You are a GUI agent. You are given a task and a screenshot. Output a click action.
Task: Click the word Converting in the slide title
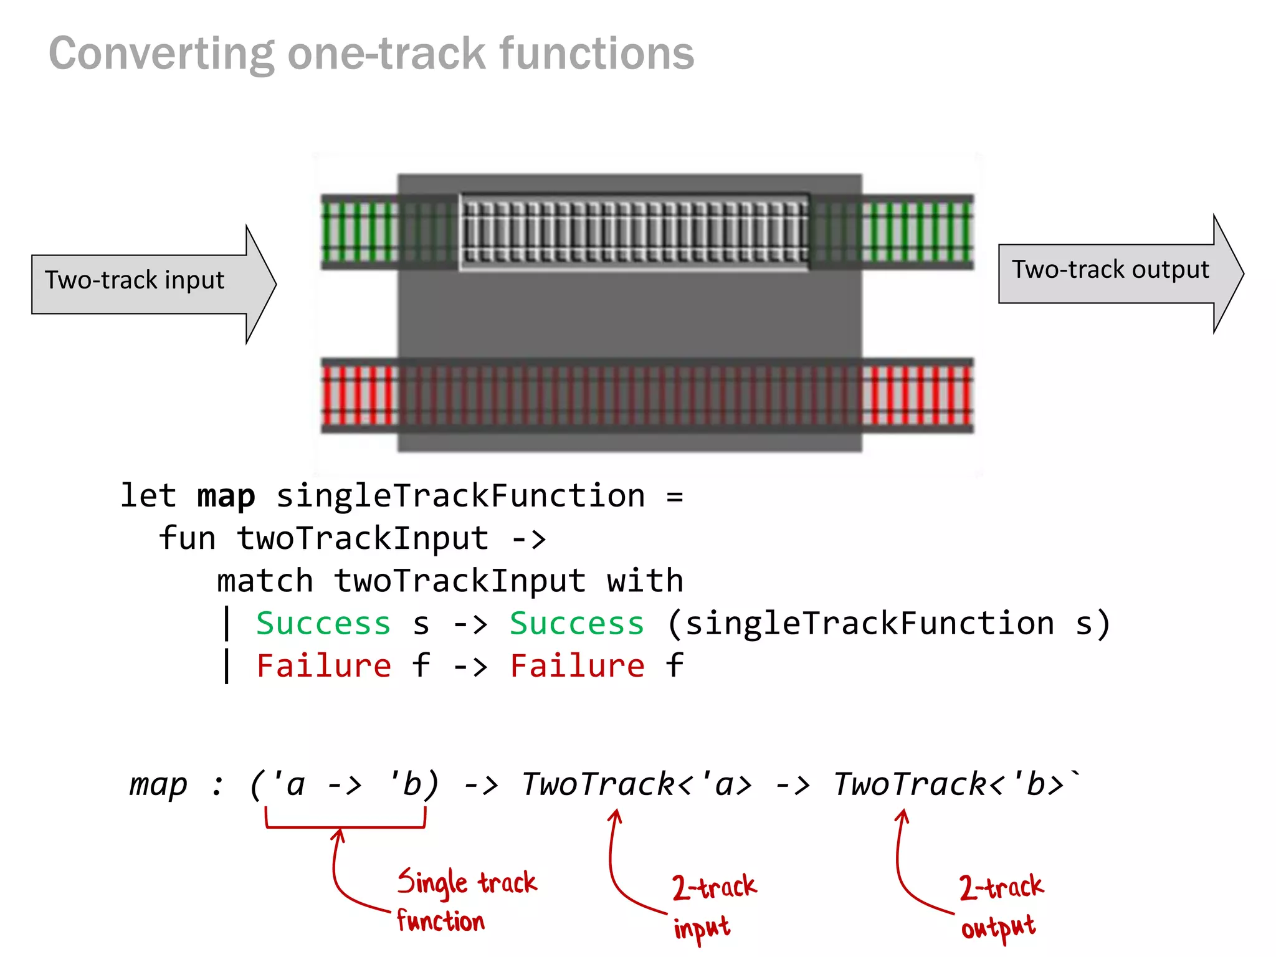(x=161, y=54)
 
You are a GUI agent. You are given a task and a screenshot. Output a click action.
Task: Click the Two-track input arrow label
(x=134, y=280)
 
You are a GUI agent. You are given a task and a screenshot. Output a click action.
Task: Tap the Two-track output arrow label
(x=1110, y=270)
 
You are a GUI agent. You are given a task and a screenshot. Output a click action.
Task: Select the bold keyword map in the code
(x=226, y=497)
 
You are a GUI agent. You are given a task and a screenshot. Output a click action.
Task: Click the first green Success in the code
(x=323, y=624)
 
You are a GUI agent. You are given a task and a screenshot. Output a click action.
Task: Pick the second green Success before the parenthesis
(x=576, y=624)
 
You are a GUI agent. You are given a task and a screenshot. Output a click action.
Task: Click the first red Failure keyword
(x=323, y=665)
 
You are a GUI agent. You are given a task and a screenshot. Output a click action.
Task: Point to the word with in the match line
(x=645, y=581)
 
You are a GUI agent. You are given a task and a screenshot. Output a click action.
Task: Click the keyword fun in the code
(x=186, y=538)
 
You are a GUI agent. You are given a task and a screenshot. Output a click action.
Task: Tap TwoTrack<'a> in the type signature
(x=636, y=784)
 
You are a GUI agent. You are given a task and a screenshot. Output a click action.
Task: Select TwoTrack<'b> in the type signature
(x=948, y=784)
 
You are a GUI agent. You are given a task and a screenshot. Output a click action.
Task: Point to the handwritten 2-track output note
(x=1000, y=906)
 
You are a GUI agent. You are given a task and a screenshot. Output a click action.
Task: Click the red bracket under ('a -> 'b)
(x=345, y=826)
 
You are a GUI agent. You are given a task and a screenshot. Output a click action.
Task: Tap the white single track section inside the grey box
(x=634, y=232)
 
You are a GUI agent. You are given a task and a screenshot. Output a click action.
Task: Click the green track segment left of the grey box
(x=359, y=232)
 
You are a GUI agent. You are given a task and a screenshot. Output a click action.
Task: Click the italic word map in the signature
(x=158, y=784)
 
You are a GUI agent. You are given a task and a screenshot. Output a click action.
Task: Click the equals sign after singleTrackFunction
(x=674, y=497)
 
